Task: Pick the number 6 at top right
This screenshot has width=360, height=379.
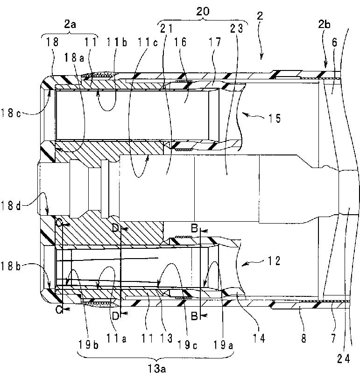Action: click(x=334, y=41)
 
